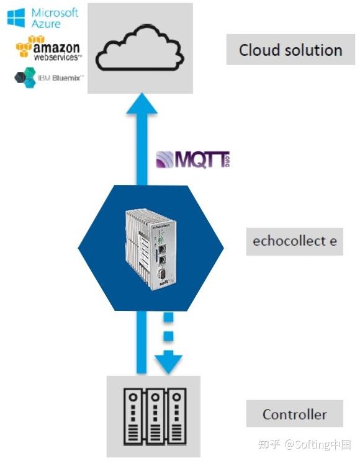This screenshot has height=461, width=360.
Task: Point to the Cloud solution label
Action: [x=290, y=50]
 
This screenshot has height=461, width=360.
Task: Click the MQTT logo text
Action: [x=192, y=159]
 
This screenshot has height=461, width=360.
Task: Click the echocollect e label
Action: [x=295, y=241]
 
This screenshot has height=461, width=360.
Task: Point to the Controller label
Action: [x=294, y=414]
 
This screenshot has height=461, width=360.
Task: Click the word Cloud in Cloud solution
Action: [x=259, y=50]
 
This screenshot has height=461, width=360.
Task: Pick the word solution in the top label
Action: [x=312, y=50]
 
